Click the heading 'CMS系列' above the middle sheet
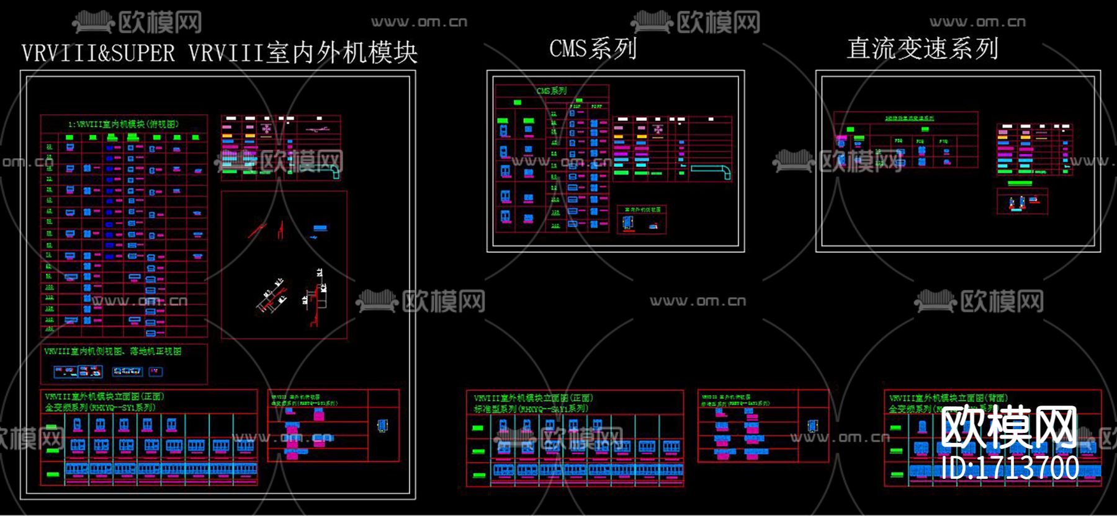pos(593,48)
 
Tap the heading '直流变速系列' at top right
pos(922,48)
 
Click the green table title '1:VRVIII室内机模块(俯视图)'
pos(123,124)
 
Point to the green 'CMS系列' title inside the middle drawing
pos(551,91)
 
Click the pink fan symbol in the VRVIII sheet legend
pos(266,128)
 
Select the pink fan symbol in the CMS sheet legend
pos(658,130)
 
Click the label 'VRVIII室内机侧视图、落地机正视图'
pos(112,351)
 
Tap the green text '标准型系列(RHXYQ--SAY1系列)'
pos(531,409)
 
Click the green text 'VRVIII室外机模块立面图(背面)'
pos(948,398)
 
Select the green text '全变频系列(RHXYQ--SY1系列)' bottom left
pos(100,407)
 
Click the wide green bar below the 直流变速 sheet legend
pos(1020,183)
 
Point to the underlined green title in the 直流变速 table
pos(909,118)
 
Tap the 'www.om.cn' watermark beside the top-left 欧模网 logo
pos(419,22)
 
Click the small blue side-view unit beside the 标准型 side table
pos(811,425)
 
